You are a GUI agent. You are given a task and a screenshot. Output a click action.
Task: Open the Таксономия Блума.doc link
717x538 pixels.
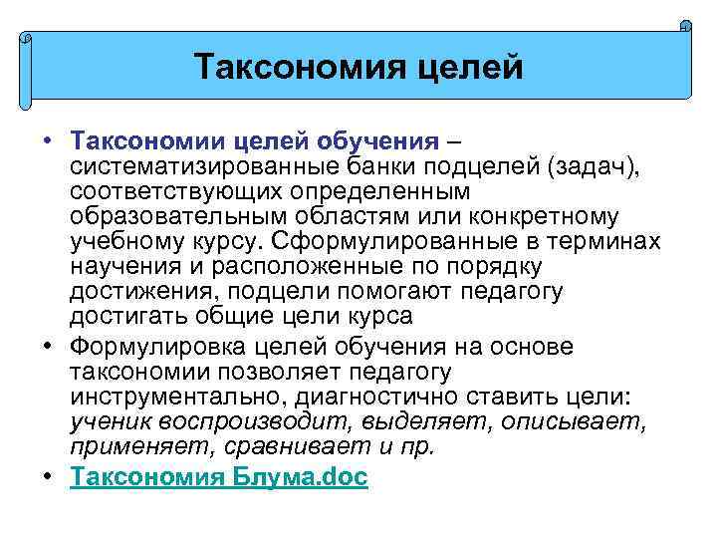pos(219,477)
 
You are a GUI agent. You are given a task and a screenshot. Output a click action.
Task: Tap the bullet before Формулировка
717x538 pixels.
pos(48,345)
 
